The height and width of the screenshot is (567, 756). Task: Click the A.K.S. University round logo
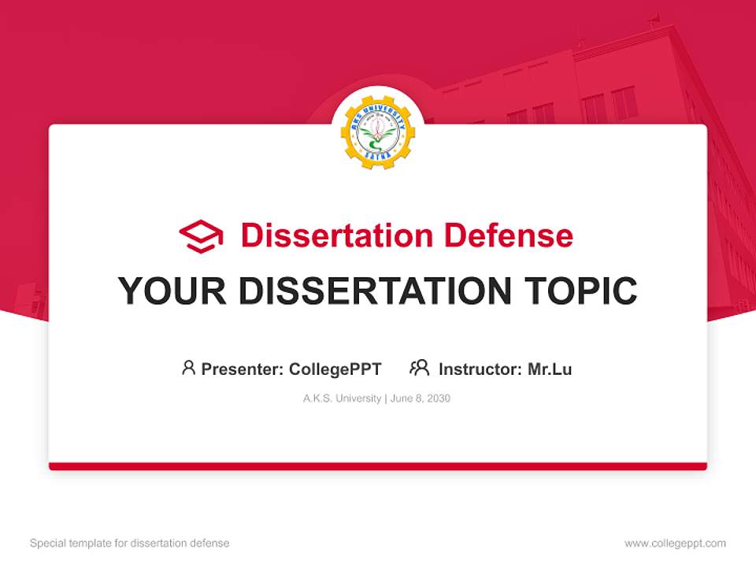[x=377, y=133]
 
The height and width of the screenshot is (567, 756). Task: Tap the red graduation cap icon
[x=201, y=235]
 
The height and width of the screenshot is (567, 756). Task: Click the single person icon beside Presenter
[x=188, y=368]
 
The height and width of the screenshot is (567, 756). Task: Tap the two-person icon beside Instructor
[x=419, y=368]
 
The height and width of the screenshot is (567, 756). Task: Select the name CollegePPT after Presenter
[x=335, y=369]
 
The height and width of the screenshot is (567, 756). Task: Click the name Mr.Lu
[x=550, y=369]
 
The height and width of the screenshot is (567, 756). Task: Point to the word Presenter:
[x=243, y=369]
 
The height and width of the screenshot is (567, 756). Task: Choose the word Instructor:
[x=480, y=369]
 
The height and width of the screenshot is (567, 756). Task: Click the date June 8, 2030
[x=421, y=398]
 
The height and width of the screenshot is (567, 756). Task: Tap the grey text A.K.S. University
[x=342, y=398]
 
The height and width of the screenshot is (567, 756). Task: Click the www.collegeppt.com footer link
[x=675, y=543]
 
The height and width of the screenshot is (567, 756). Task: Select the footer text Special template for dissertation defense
[x=130, y=543]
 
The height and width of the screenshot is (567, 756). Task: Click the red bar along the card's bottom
[x=378, y=466]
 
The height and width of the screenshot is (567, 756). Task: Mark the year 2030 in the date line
[x=439, y=398]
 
